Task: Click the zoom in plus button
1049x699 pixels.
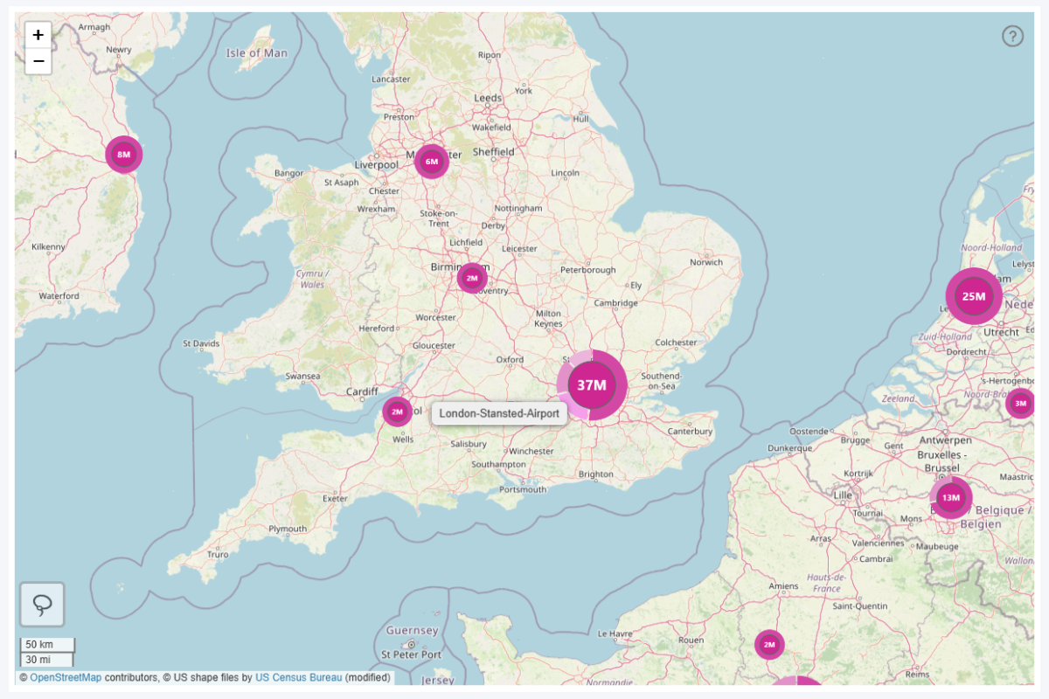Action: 38,35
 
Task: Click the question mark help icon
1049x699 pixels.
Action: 1012,36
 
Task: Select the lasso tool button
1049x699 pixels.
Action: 42,604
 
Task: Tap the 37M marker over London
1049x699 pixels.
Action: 592,385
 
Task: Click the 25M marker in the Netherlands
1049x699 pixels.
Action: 974,296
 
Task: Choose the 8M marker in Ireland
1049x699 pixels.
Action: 123,155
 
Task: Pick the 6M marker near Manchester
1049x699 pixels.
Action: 431,161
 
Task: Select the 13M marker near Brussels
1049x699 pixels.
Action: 950,498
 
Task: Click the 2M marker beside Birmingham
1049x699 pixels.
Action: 472,278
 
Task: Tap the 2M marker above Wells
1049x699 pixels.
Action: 397,411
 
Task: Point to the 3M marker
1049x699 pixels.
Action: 1020,403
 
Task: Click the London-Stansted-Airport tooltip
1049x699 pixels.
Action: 499,413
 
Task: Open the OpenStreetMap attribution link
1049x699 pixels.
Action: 66,677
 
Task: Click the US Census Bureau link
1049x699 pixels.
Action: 298,677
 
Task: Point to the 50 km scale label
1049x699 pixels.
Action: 39,645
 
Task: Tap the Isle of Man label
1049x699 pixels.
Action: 256,52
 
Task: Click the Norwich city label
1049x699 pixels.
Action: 706,262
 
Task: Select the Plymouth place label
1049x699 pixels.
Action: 288,529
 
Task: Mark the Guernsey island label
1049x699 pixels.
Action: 412,631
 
